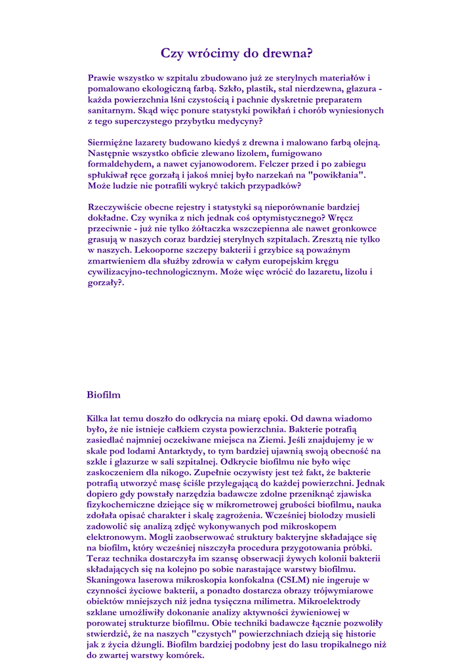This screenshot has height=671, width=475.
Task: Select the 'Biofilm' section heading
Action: [x=104, y=395]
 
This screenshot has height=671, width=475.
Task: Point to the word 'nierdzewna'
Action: [x=312, y=88]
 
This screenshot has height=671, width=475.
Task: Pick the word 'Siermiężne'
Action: [x=112, y=142]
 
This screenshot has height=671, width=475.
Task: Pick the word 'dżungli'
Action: [x=144, y=645]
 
